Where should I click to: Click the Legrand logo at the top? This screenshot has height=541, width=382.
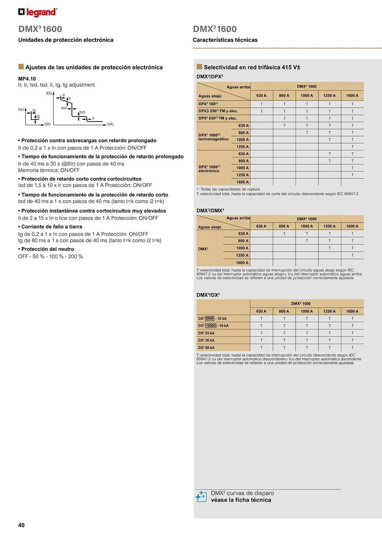click(x=38, y=12)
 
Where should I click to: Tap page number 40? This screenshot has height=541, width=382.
click(x=21, y=525)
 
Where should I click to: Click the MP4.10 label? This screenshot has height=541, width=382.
click(x=27, y=79)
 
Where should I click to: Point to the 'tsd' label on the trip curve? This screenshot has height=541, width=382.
click(x=82, y=112)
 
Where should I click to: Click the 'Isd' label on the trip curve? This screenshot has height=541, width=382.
click(x=64, y=108)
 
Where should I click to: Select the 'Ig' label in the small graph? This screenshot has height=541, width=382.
click(x=34, y=110)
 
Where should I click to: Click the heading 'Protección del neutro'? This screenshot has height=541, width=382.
click(x=47, y=249)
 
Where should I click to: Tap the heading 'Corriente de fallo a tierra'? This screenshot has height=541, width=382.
click(x=51, y=227)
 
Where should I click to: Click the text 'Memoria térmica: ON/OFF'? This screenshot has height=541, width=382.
click(x=49, y=170)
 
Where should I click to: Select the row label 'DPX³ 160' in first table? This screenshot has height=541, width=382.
click(x=208, y=104)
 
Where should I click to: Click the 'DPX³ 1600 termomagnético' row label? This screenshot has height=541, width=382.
click(x=213, y=137)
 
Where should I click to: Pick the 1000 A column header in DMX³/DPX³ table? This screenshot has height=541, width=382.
click(x=307, y=95)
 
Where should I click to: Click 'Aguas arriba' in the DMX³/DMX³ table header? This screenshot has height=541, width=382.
click(x=238, y=218)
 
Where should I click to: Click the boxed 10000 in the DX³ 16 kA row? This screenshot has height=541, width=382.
click(x=211, y=326)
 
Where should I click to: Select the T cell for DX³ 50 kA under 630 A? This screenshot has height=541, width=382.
click(x=261, y=348)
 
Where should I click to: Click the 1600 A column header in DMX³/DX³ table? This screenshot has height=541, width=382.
click(x=352, y=311)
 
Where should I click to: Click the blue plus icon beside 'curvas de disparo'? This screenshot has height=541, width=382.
click(x=201, y=496)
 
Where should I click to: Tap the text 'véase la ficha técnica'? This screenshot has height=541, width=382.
click(x=241, y=500)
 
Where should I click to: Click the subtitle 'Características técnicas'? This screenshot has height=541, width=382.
click(x=225, y=40)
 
